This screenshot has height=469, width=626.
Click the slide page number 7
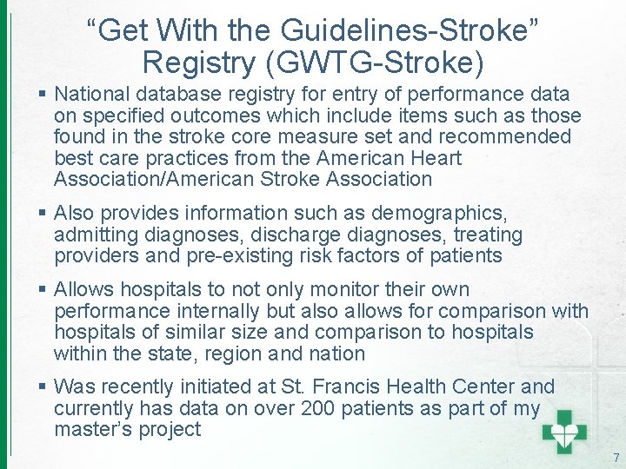[616, 458]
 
